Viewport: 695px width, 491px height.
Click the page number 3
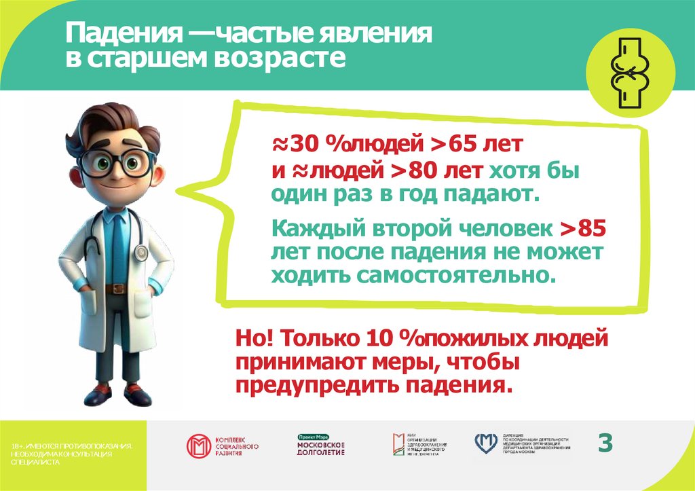pos(605,443)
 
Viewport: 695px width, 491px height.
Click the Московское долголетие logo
pos(321,446)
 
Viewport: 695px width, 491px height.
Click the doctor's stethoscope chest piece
pos(141,252)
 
